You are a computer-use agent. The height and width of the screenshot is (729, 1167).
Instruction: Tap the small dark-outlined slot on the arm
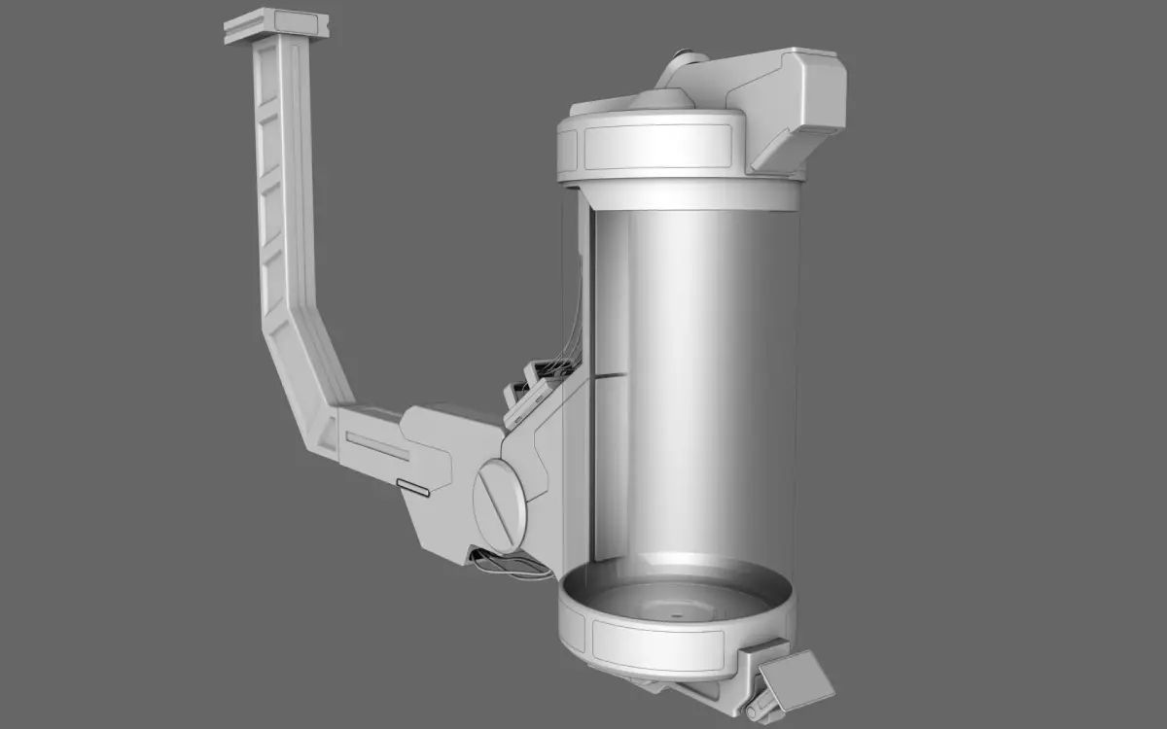point(413,486)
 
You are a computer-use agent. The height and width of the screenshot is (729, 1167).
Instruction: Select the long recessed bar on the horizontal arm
point(377,446)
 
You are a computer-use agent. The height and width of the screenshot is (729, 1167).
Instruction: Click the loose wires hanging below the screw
point(511,564)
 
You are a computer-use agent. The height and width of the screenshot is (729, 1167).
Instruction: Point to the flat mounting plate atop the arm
point(276,26)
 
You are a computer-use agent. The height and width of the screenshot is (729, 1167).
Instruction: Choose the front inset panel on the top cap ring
point(656,146)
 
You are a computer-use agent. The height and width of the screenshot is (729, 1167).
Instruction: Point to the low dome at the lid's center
point(661,99)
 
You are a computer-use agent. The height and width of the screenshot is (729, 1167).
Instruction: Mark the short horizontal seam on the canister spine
point(609,375)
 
